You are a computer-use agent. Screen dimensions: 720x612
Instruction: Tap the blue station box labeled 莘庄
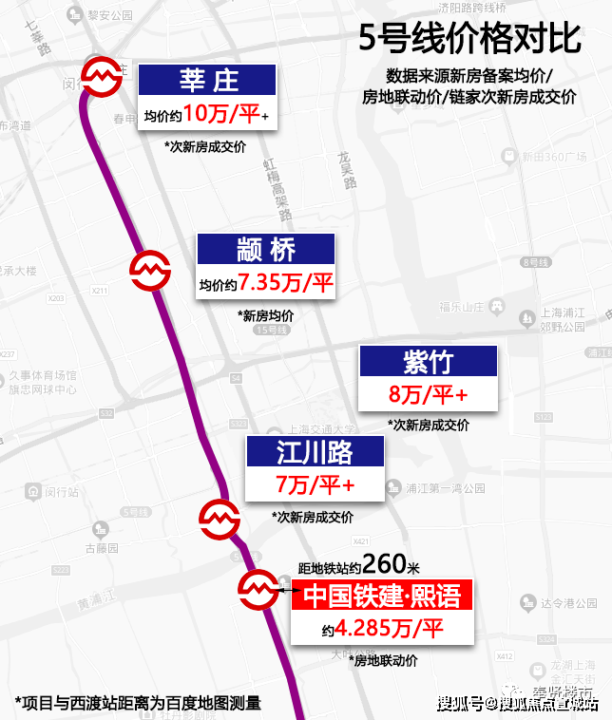208,79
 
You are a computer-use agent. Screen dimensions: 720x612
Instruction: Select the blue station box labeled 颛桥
265,250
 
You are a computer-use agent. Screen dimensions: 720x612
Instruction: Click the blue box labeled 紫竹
428,361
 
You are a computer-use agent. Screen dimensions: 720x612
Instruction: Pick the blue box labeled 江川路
315,451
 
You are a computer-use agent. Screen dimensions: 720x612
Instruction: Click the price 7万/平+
315,484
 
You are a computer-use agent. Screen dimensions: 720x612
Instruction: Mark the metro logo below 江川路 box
218,517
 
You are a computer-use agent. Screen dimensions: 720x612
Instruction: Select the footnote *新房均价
265,315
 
